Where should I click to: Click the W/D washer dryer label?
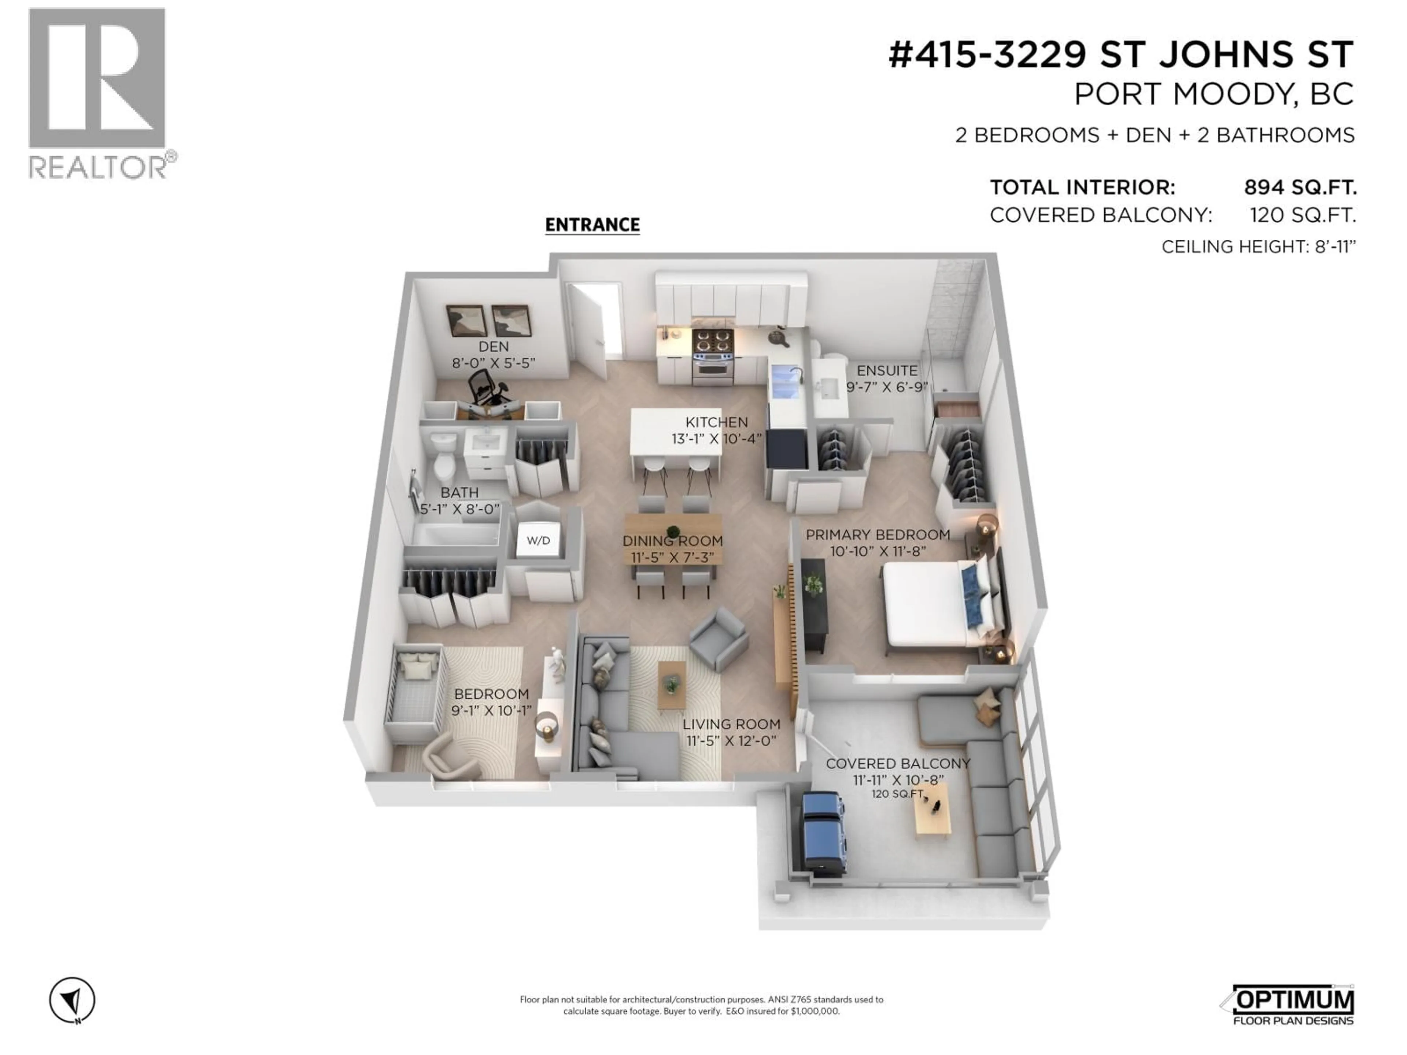click(x=538, y=541)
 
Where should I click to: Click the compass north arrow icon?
click(x=73, y=1001)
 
